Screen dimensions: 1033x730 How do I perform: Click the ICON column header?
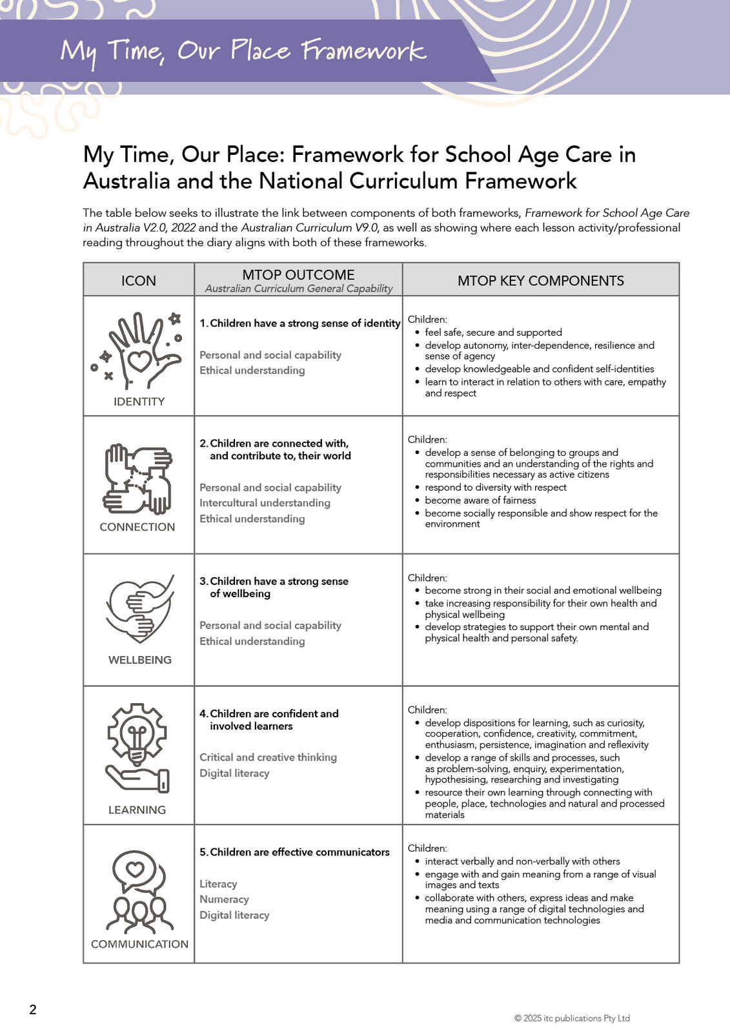coord(139,281)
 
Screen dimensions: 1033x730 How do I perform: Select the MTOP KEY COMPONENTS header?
coord(540,281)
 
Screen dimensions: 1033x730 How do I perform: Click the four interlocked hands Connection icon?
coord(138,478)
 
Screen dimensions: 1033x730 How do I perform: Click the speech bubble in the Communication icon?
coord(136,870)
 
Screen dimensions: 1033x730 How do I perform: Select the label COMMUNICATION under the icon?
coord(139,944)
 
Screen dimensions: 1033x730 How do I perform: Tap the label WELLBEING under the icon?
coord(140,660)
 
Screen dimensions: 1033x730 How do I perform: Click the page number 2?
coord(33,1010)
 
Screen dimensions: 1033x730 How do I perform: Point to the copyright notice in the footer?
coord(572,1018)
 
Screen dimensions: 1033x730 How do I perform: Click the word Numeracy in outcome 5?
coord(224,899)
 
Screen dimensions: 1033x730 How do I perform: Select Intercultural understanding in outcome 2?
coord(265,503)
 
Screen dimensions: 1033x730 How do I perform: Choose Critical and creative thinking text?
coord(268,757)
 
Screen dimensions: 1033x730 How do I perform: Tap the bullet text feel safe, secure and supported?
coord(493,332)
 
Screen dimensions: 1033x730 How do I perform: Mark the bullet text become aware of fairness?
coord(480,500)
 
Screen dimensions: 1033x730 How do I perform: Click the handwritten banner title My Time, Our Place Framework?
coord(243,51)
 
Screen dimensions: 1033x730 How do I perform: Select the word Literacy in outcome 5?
coord(218,884)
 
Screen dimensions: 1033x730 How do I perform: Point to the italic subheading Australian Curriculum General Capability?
coord(299,289)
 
